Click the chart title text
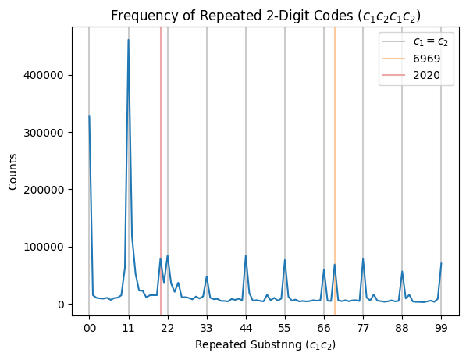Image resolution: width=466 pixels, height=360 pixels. pyautogui.click(x=265, y=16)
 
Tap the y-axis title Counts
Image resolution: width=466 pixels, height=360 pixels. pyautogui.click(x=12, y=172)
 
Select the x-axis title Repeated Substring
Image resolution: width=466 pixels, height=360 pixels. pyautogui.click(x=265, y=345)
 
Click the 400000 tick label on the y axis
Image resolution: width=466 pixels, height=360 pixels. pyautogui.click(x=44, y=75)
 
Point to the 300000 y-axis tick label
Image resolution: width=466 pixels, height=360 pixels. pyautogui.click(x=44, y=133)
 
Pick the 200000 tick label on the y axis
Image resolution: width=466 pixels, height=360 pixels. pyautogui.click(x=44, y=190)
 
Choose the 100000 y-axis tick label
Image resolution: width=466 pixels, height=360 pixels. pyautogui.click(x=44, y=247)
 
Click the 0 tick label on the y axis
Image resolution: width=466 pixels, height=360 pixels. pyautogui.click(x=61, y=305)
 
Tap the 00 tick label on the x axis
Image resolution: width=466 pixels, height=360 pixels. pyautogui.click(x=89, y=328)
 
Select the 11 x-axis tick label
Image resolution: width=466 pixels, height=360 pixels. pyautogui.click(x=128, y=328)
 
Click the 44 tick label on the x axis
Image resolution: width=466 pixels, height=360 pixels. pyautogui.click(x=246, y=328)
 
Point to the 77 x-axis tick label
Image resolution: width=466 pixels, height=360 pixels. pyautogui.click(x=363, y=328)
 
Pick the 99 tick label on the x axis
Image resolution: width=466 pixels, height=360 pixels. pyautogui.click(x=441, y=328)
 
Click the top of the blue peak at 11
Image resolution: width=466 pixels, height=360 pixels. pyautogui.click(x=128, y=40)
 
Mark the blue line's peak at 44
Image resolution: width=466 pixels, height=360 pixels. pyautogui.click(x=246, y=255)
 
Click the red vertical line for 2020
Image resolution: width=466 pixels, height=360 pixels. pyautogui.click(x=161, y=171)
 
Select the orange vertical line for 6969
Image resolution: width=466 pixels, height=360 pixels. pyautogui.click(x=335, y=171)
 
